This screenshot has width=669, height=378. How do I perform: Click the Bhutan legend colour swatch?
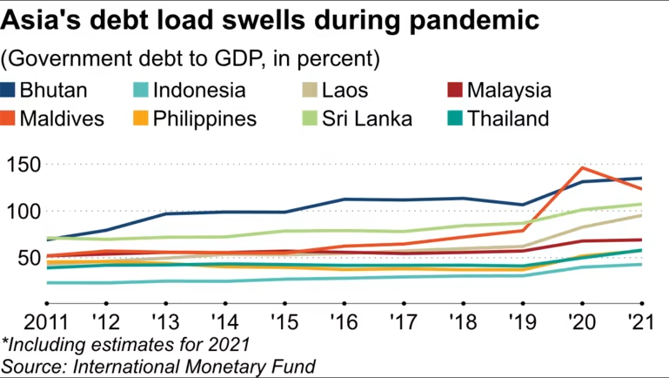[10, 90]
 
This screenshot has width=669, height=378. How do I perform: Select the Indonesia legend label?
[199, 90]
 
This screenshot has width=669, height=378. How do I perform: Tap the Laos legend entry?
[346, 90]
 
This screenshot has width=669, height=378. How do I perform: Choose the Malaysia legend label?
[510, 90]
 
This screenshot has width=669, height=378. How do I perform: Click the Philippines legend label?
[205, 118]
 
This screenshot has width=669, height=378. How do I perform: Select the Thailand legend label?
[509, 118]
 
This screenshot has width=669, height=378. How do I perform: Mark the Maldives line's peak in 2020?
[581, 168]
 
